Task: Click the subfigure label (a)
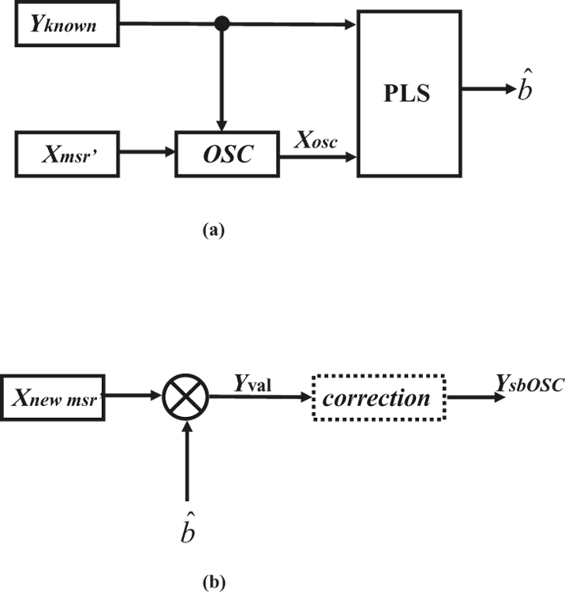214,231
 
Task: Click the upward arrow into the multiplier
186,465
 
